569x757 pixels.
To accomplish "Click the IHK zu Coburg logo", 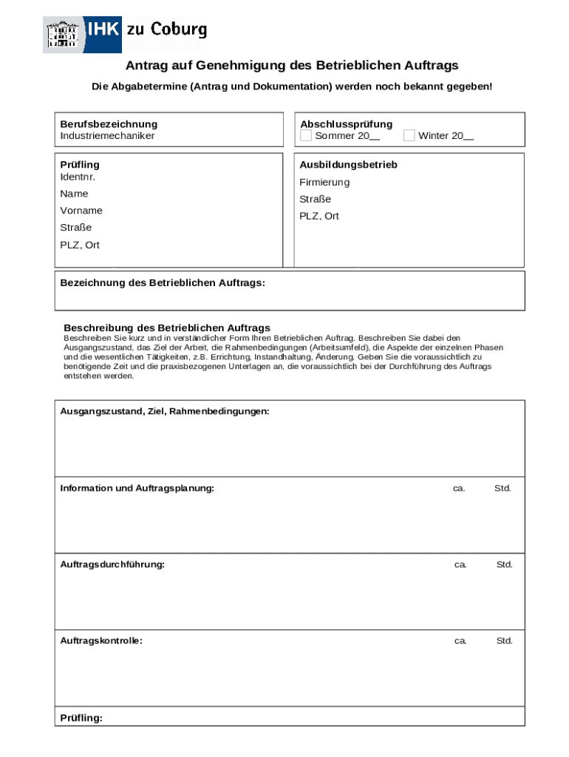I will click(x=125, y=33).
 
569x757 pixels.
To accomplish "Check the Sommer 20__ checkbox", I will click(x=306, y=136).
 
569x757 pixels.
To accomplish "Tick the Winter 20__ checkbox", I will click(x=409, y=136).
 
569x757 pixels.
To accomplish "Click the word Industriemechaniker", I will click(x=107, y=136).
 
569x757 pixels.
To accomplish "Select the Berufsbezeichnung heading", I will click(x=109, y=124).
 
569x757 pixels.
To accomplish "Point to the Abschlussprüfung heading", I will click(x=346, y=124).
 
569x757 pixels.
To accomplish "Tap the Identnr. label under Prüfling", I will click(x=78, y=177).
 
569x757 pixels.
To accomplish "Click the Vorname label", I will click(x=81, y=211).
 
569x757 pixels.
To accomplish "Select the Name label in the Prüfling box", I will click(x=74, y=194).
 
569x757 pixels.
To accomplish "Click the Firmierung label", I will click(x=324, y=183).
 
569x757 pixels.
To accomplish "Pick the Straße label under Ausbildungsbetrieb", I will click(x=315, y=200).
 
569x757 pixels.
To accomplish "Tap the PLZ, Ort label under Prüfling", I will click(x=80, y=245).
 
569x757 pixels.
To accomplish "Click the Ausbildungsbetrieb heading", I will click(x=348, y=165).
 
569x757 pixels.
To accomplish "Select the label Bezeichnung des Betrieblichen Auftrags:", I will click(x=162, y=283).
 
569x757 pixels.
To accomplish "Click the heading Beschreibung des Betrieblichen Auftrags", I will click(x=167, y=327).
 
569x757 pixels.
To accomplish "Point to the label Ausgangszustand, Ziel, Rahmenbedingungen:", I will click(x=165, y=411).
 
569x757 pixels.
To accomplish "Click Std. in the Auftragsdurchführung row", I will click(x=504, y=565).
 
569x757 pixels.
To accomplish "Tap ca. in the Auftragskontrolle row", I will click(x=460, y=641).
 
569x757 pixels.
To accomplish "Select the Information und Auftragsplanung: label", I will click(x=137, y=489).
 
